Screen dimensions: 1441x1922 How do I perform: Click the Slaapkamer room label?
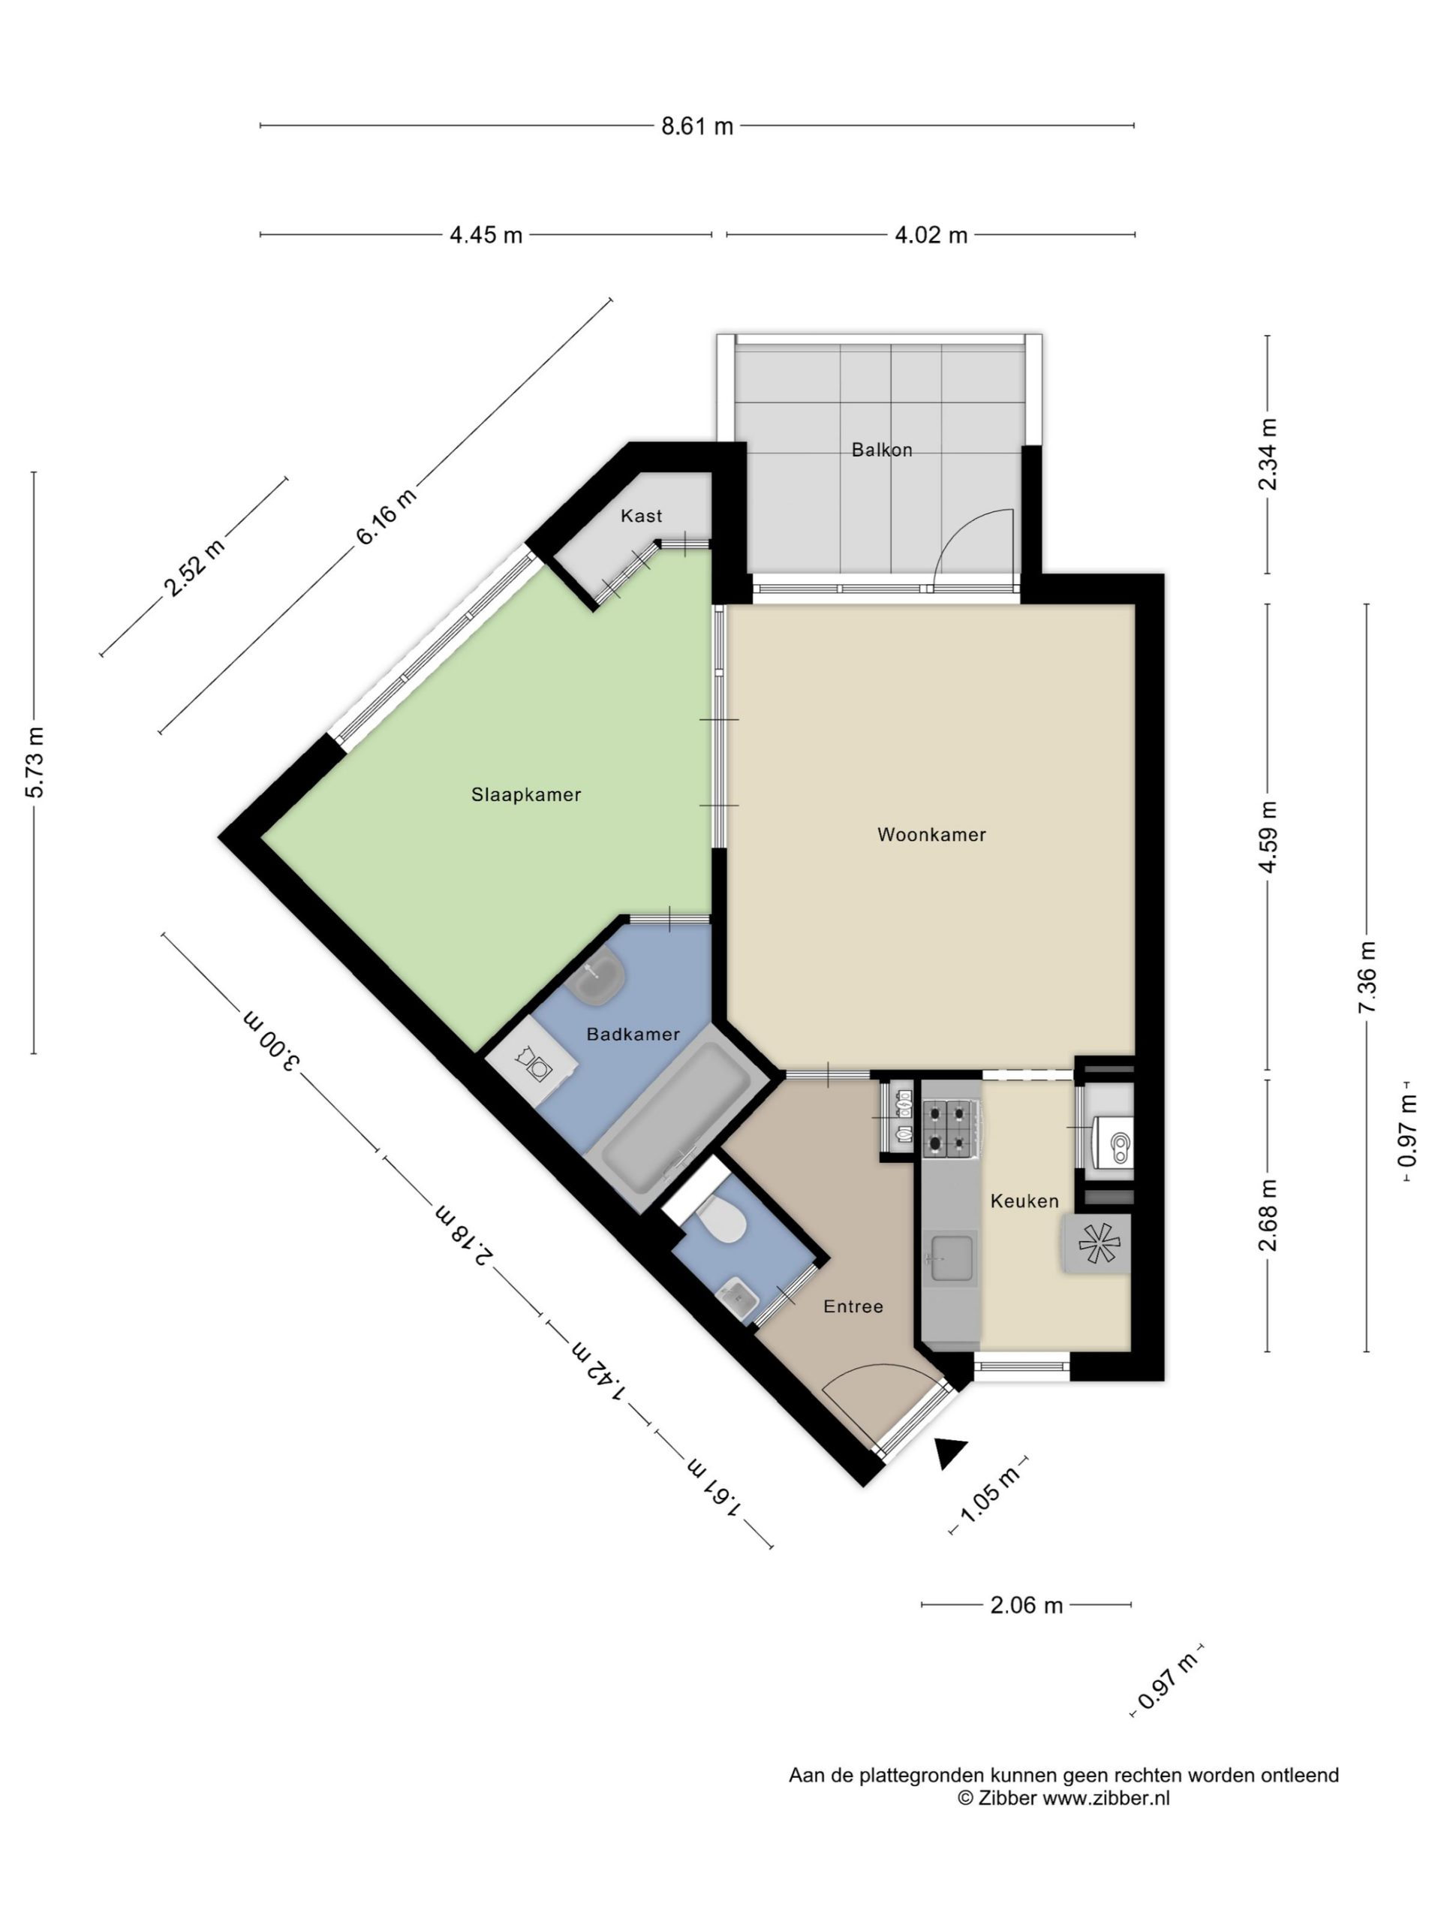(x=525, y=794)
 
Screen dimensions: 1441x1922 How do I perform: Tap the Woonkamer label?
(x=931, y=834)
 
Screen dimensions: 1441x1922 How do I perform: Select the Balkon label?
(x=882, y=449)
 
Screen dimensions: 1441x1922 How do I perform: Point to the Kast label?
(x=641, y=515)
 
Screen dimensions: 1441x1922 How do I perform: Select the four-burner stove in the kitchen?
(x=951, y=1128)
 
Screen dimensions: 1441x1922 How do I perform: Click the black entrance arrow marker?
(x=950, y=1453)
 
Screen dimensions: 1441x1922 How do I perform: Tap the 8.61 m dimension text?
(x=697, y=126)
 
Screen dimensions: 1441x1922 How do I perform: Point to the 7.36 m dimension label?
(x=1366, y=977)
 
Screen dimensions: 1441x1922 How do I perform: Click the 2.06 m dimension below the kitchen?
(x=1026, y=1605)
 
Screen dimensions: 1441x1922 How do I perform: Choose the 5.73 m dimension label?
(x=34, y=762)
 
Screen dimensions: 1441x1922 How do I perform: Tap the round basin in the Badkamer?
(x=597, y=978)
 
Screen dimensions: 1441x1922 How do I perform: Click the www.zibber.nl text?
(x=1106, y=1799)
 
